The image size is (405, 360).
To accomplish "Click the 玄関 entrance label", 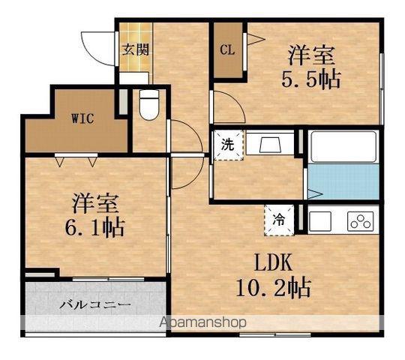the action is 136,49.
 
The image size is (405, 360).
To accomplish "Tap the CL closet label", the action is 227,49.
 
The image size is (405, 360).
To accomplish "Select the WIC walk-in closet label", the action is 82,118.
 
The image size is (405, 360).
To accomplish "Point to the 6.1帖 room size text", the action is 95,227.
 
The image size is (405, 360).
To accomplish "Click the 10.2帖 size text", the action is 273,287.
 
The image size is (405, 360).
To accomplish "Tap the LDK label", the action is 273,262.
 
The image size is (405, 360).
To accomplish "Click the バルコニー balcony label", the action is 95,305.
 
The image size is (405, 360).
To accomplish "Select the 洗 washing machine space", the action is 227,145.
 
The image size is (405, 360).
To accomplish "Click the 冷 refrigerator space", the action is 279,220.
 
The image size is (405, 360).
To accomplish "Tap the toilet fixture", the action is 149,104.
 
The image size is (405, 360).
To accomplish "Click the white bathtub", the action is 343,147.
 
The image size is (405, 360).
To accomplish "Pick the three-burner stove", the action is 361,221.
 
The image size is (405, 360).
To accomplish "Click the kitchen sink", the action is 320,220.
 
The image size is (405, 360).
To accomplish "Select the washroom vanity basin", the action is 270,144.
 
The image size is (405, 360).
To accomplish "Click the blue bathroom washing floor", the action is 343,181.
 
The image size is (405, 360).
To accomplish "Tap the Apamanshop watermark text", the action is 203,322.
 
